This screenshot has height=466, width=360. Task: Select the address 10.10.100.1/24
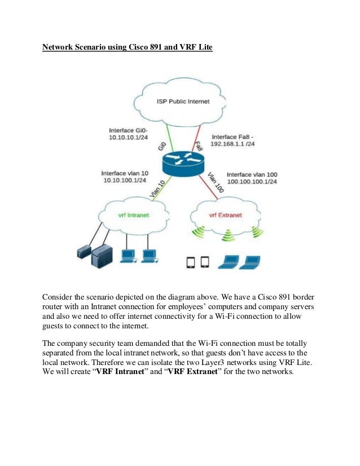point(125,181)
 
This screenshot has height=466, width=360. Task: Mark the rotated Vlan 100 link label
point(216,183)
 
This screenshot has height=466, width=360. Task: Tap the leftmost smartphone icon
point(191,262)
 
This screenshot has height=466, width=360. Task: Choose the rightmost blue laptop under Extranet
point(249,262)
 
